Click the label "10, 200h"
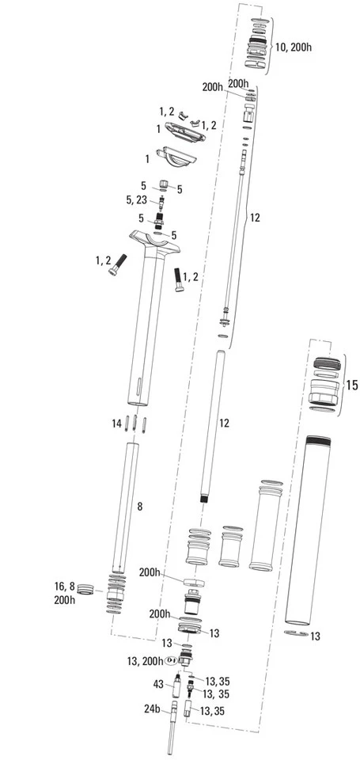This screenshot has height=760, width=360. click(294, 47)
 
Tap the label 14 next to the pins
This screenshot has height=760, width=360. click(116, 424)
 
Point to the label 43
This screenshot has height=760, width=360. click(158, 684)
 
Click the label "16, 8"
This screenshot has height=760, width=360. click(65, 587)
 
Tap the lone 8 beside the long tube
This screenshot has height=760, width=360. click(140, 507)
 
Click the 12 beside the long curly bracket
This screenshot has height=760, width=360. click(255, 218)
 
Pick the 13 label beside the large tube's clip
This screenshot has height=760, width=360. click(316, 636)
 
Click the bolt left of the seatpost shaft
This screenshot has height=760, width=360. click(118, 264)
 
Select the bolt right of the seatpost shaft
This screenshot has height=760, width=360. click(178, 280)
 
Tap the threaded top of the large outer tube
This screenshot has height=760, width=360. click(318, 442)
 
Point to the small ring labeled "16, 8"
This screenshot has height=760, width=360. click(85, 589)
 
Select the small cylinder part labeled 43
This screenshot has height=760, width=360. click(177, 686)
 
